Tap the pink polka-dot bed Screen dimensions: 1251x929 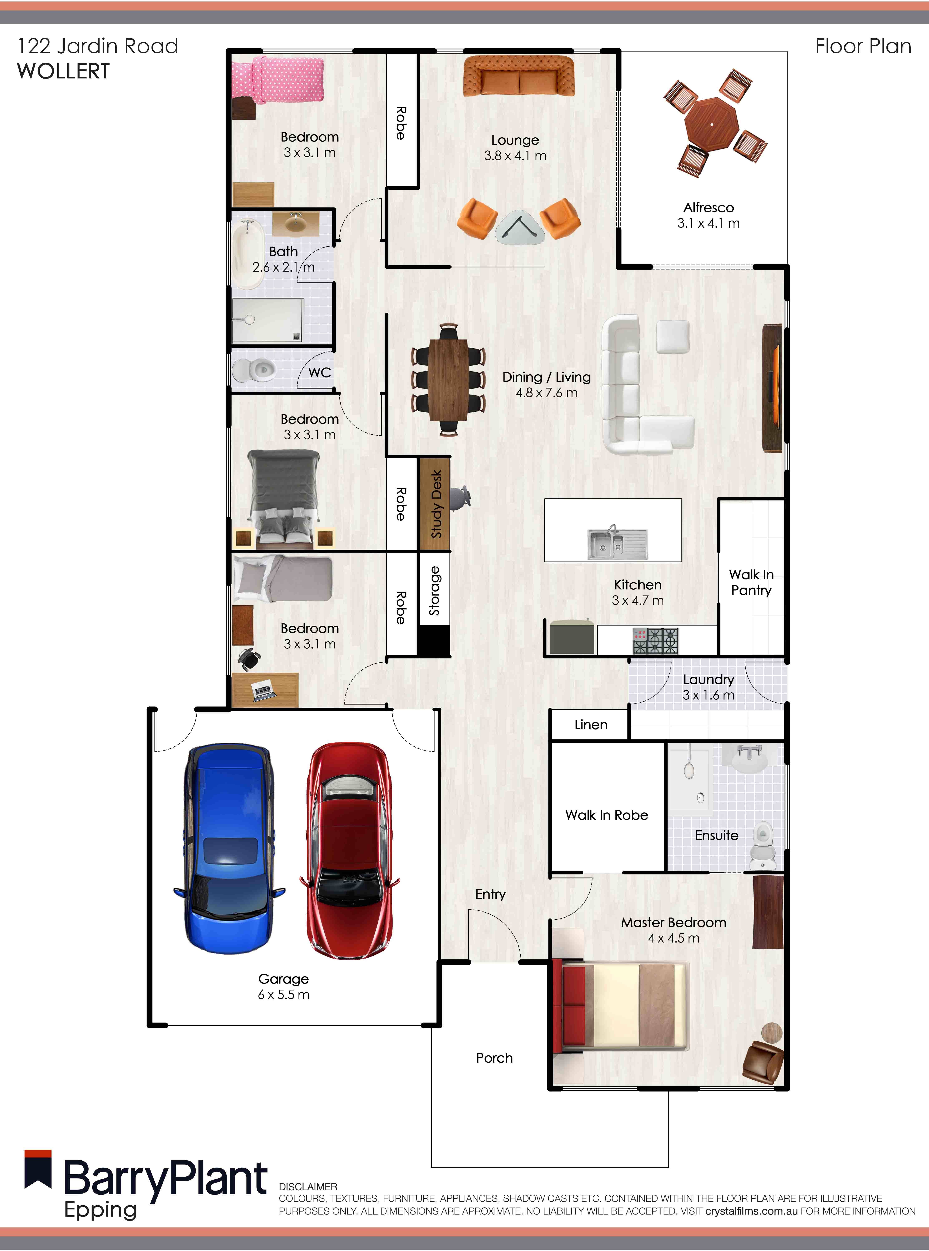278,80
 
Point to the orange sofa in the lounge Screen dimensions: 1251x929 518,76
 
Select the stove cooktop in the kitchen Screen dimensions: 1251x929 656,640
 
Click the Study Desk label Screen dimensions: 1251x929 436,504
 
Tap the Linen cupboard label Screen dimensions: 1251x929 590,725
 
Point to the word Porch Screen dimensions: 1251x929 494,1058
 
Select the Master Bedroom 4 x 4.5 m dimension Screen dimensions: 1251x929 673,938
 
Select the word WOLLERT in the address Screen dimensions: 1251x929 64,71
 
